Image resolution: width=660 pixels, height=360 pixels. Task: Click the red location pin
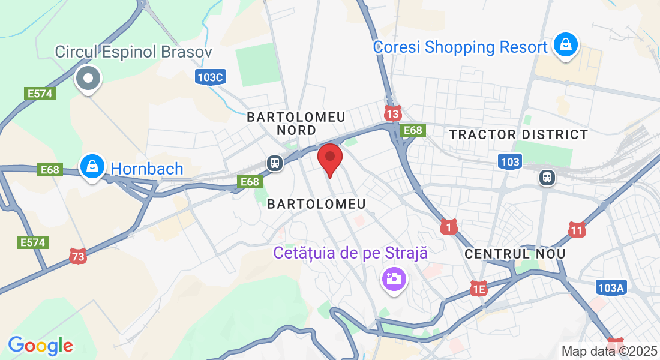329,158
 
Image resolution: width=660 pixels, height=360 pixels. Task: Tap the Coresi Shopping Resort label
460,47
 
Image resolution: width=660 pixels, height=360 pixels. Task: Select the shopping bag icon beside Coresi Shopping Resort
565,45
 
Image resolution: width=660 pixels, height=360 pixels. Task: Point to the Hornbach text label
146,169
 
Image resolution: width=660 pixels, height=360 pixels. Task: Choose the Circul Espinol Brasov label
133,52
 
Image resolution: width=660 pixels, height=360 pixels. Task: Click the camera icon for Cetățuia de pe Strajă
394,279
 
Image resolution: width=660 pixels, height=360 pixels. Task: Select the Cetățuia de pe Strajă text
350,253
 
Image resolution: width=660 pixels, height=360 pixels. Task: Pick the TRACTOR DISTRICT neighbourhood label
519,134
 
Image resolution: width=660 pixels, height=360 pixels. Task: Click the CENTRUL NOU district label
515,254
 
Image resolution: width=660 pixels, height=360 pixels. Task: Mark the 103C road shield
210,77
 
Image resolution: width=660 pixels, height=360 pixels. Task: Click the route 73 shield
78,256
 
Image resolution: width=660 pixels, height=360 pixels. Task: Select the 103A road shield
611,288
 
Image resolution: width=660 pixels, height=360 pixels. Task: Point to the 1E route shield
478,289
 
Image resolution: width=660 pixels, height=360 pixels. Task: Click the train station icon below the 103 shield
547,177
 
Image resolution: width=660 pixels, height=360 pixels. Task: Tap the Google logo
40,345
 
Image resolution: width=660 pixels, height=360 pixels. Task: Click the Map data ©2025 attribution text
610,351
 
